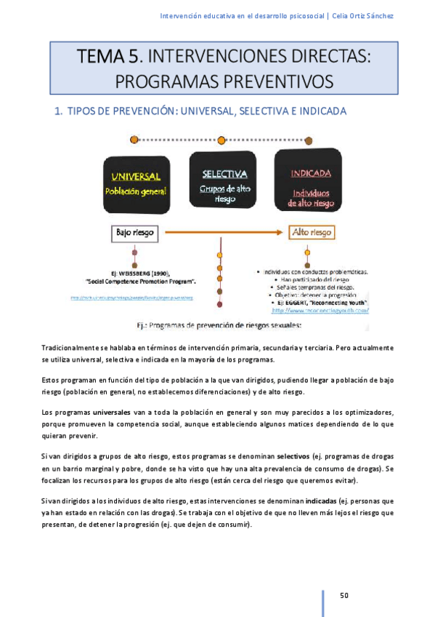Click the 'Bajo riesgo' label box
(x=135, y=233)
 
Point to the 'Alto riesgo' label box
(x=311, y=233)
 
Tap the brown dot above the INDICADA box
(x=309, y=140)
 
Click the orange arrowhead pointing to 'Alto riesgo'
(x=282, y=233)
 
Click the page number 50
(x=345, y=596)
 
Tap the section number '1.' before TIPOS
(x=60, y=111)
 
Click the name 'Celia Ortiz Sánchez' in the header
(x=362, y=16)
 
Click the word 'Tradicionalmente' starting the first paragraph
(x=74, y=349)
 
